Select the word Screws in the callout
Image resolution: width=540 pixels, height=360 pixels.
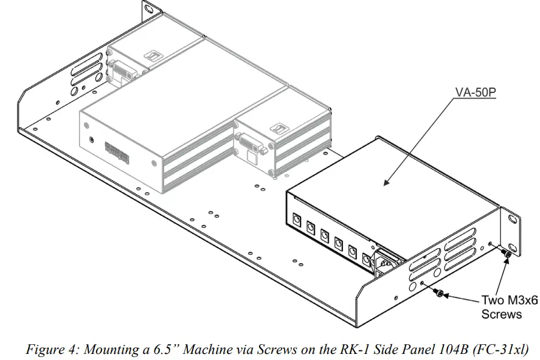click(x=501, y=314)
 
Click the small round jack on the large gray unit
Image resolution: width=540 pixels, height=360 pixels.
click(x=91, y=139)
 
